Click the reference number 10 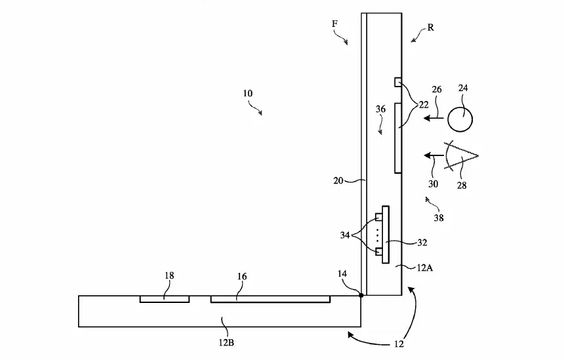(247, 94)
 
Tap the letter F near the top (334, 24)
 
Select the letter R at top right (431, 28)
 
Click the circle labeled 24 (460, 119)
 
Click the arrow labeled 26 (433, 117)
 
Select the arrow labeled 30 (433, 155)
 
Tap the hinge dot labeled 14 (361, 295)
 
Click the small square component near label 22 (398, 83)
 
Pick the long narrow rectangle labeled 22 (398, 138)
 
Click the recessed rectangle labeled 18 (165, 299)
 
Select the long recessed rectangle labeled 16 (270, 299)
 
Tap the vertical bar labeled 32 (385, 235)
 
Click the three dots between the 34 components (377, 235)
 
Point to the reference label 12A (425, 268)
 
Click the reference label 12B (226, 342)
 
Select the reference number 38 (439, 218)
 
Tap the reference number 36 (380, 109)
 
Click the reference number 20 (338, 180)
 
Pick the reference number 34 (345, 235)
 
